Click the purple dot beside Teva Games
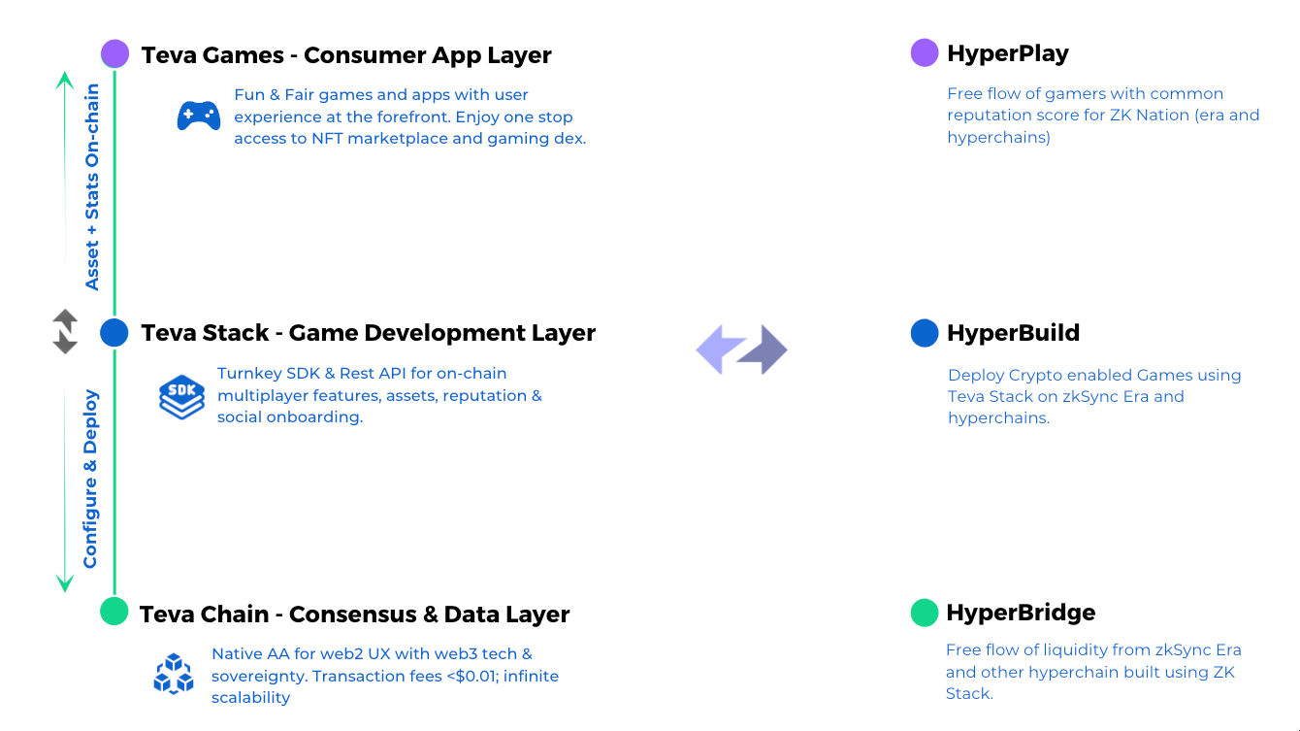point(114,54)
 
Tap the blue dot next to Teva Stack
point(114,333)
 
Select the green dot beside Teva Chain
point(114,612)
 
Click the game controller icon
point(199,116)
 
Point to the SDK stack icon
point(181,396)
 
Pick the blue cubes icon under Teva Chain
point(174,674)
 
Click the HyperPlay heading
point(1007,53)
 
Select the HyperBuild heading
point(1013,333)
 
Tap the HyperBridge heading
point(1021,613)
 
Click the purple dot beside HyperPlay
point(925,53)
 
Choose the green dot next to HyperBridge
point(925,613)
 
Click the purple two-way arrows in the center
point(742,349)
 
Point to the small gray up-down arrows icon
point(65,331)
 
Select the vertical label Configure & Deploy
point(90,479)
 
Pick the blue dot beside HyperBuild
point(925,333)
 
